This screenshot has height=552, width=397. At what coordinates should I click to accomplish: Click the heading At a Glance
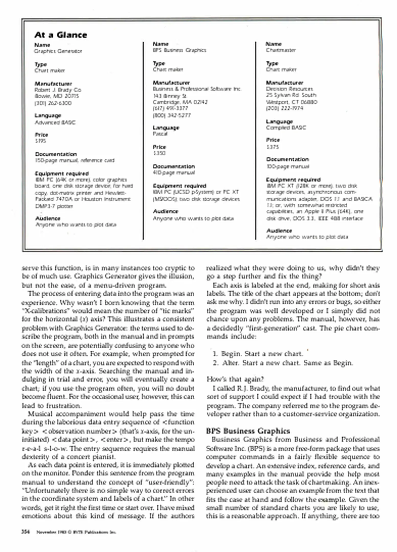click(61, 35)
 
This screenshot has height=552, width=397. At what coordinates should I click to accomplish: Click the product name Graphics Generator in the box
click(58, 51)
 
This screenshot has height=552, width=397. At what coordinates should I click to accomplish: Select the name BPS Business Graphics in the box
click(179, 50)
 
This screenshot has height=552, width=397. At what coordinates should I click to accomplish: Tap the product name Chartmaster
click(281, 50)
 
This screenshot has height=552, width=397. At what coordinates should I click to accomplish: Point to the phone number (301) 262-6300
click(53, 103)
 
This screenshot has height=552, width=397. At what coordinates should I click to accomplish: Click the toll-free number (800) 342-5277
click(172, 115)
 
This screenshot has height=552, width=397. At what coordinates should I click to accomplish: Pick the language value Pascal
click(160, 134)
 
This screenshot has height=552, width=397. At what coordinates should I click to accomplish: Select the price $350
click(159, 153)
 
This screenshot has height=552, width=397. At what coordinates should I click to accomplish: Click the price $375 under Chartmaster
click(273, 147)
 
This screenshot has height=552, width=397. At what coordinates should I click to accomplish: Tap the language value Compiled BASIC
click(286, 128)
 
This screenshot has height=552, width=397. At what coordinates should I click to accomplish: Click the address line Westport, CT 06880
click(291, 102)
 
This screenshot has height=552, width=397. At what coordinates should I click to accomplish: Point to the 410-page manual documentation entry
click(174, 172)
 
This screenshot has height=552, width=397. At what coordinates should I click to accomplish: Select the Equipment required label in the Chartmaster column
click(293, 180)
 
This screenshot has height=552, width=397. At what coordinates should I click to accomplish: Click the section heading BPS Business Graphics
click(248, 431)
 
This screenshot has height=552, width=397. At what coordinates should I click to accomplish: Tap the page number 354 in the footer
click(26, 532)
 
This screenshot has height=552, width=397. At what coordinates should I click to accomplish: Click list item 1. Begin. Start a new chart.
click(258, 354)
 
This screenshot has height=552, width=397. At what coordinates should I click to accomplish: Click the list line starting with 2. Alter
click(283, 363)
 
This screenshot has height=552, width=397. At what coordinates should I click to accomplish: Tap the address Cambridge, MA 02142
click(180, 102)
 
